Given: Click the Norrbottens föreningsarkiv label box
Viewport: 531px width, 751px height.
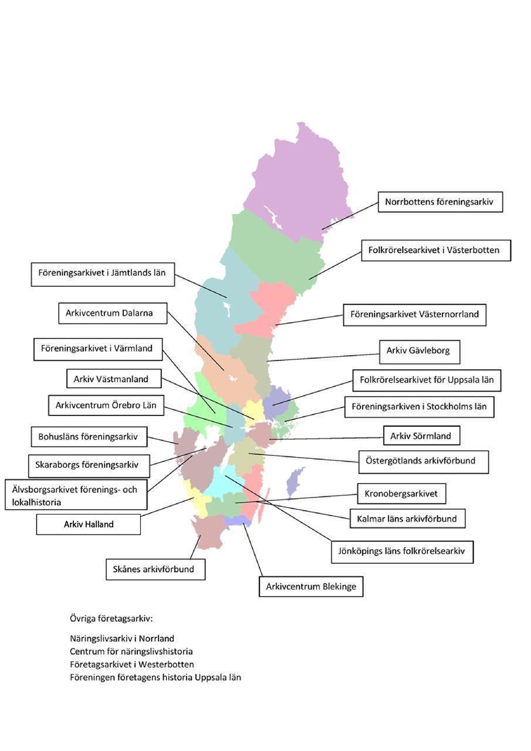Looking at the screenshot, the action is coord(440,202).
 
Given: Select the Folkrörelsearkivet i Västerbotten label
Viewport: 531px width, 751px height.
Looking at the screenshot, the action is coord(436,250).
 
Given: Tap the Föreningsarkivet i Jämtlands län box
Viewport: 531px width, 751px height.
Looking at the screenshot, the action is coord(103,274).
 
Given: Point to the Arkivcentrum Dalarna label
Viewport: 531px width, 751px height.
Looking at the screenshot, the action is coord(113,313).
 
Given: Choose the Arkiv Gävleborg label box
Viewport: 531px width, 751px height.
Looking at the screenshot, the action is coord(420,352).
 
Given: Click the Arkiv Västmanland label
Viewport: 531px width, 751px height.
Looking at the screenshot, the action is coord(114,378).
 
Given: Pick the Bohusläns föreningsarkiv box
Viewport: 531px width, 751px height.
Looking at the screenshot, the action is coord(89,437).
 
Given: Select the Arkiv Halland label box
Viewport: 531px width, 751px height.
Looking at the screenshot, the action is coord(89,525).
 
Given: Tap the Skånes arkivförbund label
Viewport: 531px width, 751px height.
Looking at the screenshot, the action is coord(155,569).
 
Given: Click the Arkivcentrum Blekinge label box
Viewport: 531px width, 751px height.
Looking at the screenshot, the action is coord(311,586).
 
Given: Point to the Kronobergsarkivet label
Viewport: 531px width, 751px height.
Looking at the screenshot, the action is coord(401,493).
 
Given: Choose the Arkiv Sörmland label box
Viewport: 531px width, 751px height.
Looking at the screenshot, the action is coord(421,435).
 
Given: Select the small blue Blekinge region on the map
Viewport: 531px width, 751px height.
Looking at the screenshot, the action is coord(238,520).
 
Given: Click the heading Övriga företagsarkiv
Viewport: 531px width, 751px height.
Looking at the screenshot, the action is coord(111,618).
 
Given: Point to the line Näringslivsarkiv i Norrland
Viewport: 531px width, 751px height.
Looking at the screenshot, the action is coord(122,638).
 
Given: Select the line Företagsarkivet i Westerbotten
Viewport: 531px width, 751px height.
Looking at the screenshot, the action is coord(132,664).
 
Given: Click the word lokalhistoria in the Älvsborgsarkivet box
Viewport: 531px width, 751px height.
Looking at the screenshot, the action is coord(36,502).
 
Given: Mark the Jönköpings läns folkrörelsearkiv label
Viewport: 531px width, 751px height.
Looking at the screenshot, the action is coord(403,551).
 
